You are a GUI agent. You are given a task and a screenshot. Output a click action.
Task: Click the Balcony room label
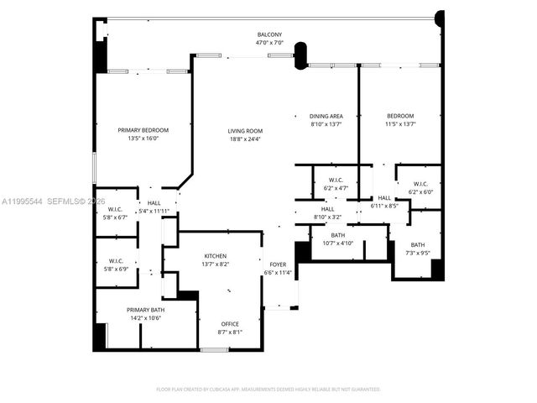coord(269,34)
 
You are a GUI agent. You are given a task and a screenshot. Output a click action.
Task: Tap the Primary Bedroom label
coord(143,130)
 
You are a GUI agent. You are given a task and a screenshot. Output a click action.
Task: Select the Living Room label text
coord(245,131)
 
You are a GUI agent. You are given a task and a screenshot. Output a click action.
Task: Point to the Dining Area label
coord(326,116)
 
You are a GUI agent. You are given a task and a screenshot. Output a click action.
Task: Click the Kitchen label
coord(216,256)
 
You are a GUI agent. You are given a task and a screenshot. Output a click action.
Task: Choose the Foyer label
coord(277,264)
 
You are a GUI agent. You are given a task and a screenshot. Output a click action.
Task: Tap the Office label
coord(230,324)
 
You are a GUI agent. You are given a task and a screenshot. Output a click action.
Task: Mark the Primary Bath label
coord(143,310)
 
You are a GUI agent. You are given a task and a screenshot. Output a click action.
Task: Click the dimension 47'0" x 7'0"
coord(269,42)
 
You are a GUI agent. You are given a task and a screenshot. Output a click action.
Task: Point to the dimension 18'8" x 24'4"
coord(245,139)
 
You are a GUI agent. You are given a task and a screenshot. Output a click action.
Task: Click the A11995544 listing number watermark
coord(23,201)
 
